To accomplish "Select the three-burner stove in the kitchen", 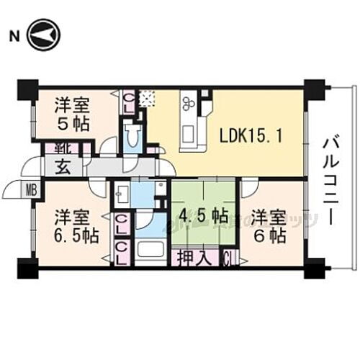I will point(189,103).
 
